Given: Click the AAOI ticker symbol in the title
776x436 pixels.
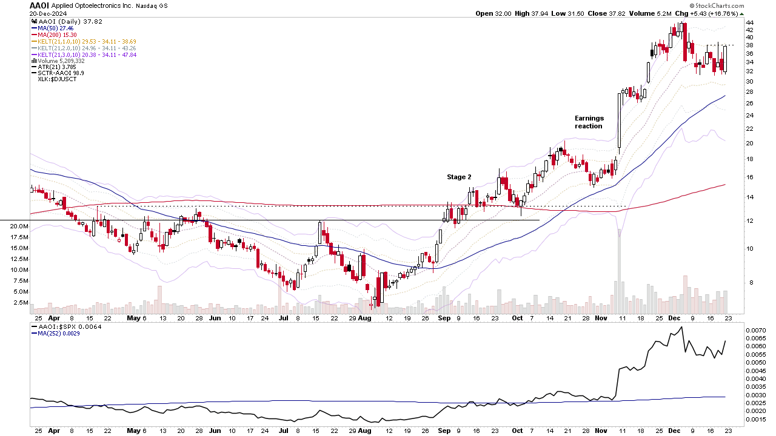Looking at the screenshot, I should tap(39, 5).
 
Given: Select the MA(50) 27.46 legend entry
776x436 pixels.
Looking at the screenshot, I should tap(56, 28).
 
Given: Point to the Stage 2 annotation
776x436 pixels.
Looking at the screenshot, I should tap(459, 177).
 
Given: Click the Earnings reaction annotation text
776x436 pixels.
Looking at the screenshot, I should tap(589, 122).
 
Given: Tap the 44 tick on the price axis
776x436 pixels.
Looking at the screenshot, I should tap(749, 22).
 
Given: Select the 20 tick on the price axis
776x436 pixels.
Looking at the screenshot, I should tap(749, 144).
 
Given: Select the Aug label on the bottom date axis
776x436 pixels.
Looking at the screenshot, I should tap(364, 431).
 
